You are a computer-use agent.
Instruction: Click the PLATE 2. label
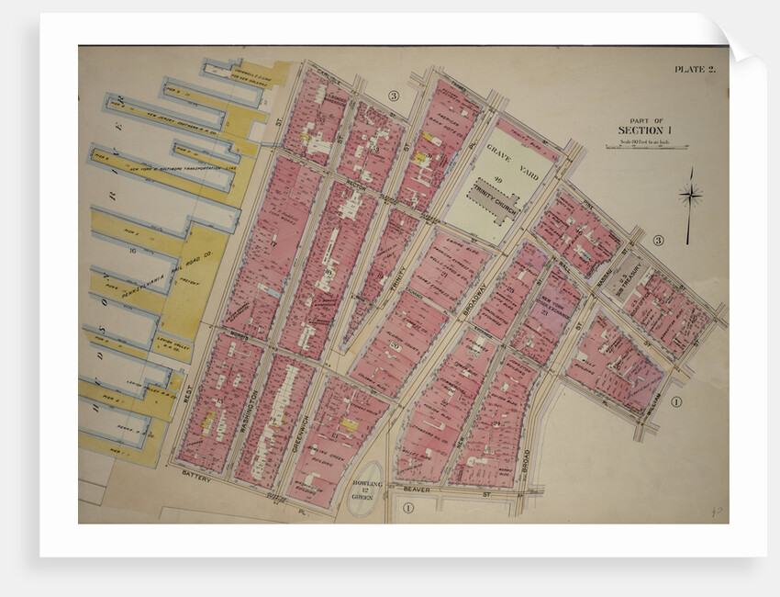click(694, 69)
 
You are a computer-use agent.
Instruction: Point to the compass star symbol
click(690, 195)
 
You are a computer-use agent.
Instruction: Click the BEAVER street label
click(416, 490)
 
